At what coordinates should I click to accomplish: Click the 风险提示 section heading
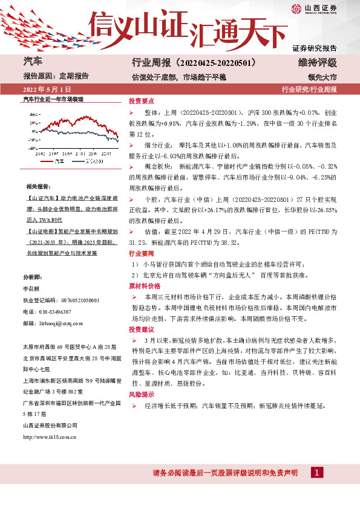[142, 394]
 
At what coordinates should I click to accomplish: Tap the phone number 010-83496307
[54, 311]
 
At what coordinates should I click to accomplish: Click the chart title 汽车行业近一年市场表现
[53, 99]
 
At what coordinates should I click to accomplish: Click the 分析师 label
[31, 276]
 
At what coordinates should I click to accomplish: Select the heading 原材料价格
[144, 284]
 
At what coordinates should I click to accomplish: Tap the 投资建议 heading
[142, 329]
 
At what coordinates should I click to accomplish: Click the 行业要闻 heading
[142, 253]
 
